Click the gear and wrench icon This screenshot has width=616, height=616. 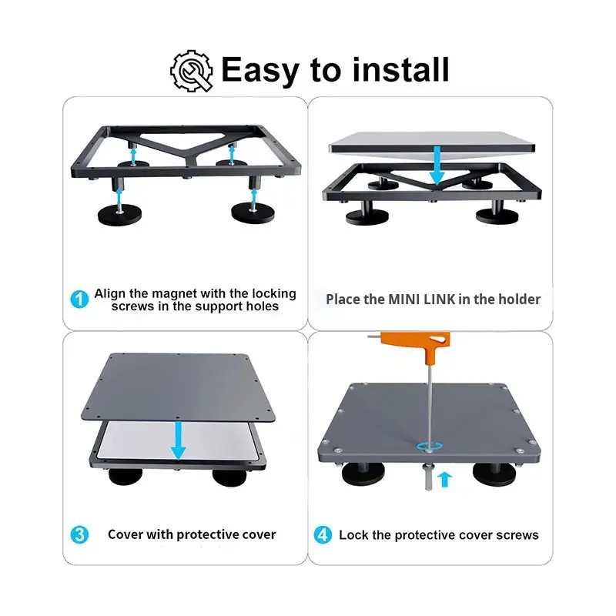click(191, 71)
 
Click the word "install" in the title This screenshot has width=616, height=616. click(400, 69)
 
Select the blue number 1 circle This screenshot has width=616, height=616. click(79, 300)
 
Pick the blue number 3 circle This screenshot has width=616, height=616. click(79, 534)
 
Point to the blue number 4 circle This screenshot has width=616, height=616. click(323, 534)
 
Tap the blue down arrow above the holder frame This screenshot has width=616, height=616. click(437, 166)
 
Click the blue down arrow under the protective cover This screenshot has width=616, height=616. click(179, 440)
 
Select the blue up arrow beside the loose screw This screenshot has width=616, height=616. click(445, 479)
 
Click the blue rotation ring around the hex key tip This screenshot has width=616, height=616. click(430, 447)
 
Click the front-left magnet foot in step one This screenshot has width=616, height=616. click(119, 214)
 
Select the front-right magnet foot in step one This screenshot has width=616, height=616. click(253, 213)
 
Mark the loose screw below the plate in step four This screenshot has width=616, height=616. click(428, 477)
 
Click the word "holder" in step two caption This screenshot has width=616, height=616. click(519, 300)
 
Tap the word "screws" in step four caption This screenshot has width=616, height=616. click(517, 535)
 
